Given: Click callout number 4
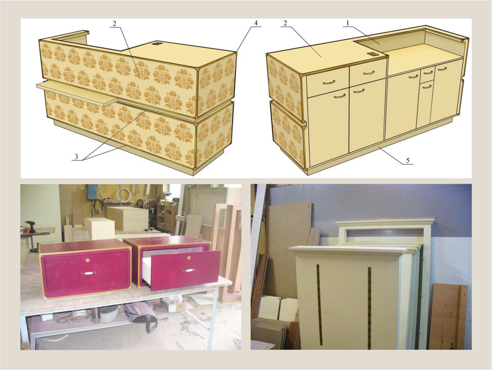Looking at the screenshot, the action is (256, 23).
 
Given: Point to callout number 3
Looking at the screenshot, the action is (76, 157).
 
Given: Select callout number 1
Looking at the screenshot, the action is (348, 23).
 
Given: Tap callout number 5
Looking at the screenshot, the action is (408, 161).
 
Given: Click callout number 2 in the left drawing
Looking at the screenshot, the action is (115, 23).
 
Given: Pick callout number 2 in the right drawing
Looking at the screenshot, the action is (286, 23).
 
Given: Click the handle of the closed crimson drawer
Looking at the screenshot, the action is (86, 273).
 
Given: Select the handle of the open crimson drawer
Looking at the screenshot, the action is (188, 270).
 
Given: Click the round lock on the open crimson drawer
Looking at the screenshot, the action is (189, 258).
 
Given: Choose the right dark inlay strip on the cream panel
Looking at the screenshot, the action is (369, 308).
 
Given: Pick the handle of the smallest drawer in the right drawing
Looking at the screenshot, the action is (427, 72).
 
